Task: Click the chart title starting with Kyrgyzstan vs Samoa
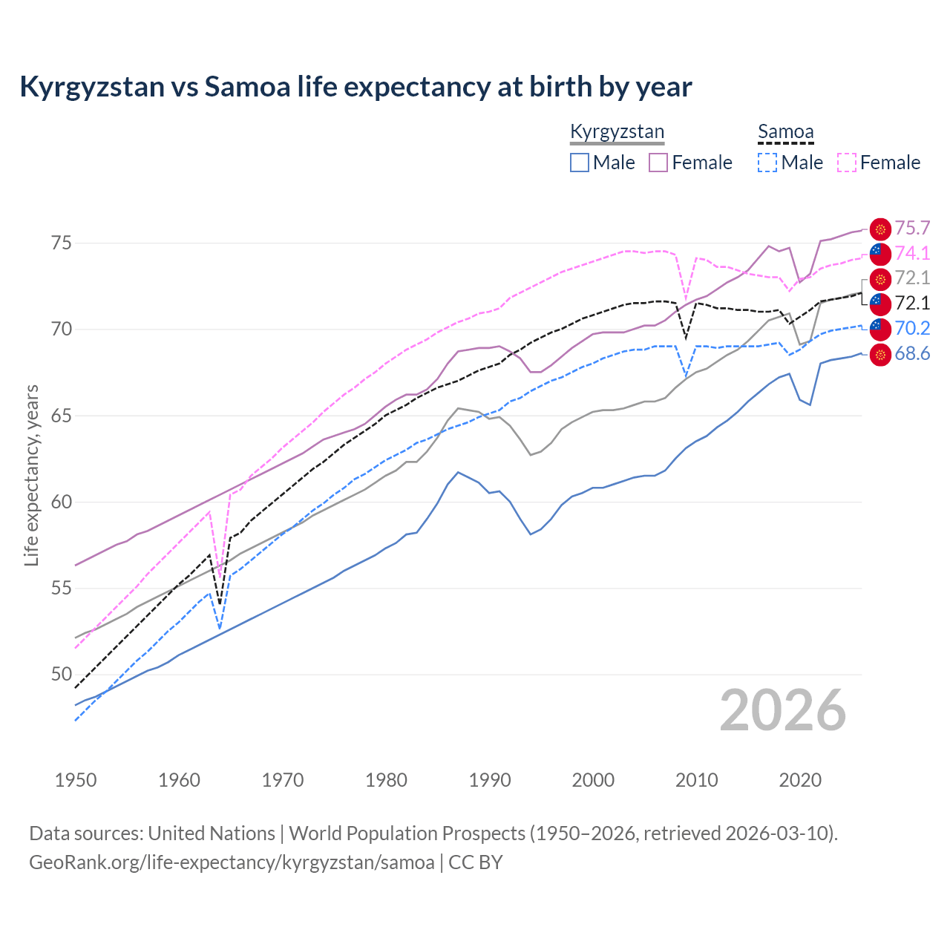pyautogui.click(x=356, y=87)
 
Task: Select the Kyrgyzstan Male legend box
pyautogui.click(x=580, y=163)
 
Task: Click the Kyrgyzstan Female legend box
pyautogui.click(x=658, y=163)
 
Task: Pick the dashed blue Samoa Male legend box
pyautogui.click(x=767, y=163)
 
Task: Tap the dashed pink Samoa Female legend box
pyautogui.click(x=847, y=163)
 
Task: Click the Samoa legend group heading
pyautogui.click(x=785, y=132)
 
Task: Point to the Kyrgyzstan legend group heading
pyautogui.click(x=617, y=132)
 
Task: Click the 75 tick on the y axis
pyautogui.click(x=61, y=243)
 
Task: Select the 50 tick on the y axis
pyautogui.click(x=61, y=675)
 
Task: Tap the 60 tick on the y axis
pyautogui.click(x=61, y=502)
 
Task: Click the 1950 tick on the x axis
pyautogui.click(x=76, y=780)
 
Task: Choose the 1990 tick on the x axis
pyautogui.click(x=490, y=780)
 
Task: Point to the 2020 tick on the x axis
pyautogui.click(x=800, y=780)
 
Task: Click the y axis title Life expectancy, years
pyautogui.click(x=31, y=475)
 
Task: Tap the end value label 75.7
pyautogui.click(x=912, y=229)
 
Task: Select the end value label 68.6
pyautogui.click(x=912, y=354)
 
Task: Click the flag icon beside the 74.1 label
pyautogui.click(x=879, y=254)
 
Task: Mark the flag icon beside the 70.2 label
pyautogui.click(x=879, y=329)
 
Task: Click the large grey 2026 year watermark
pyautogui.click(x=782, y=710)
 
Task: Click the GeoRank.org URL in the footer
pyautogui.click(x=232, y=862)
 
